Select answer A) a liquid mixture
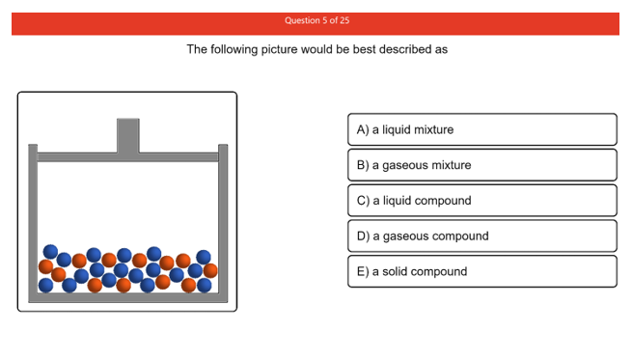click(x=481, y=129)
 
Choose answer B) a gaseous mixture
click(x=481, y=165)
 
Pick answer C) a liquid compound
click(x=481, y=201)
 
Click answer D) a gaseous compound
click(x=481, y=235)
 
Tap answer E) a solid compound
click(x=481, y=271)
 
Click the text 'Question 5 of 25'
click(x=316, y=20)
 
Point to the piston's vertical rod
click(x=128, y=135)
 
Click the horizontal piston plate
click(x=128, y=156)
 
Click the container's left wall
click(x=32, y=222)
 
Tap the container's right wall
click(x=224, y=222)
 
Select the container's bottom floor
click(x=128, y=297)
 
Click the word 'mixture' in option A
click(x=432, y=129)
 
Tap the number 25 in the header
click(x=343, y=20)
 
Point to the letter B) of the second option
click(x=363, y=165)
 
